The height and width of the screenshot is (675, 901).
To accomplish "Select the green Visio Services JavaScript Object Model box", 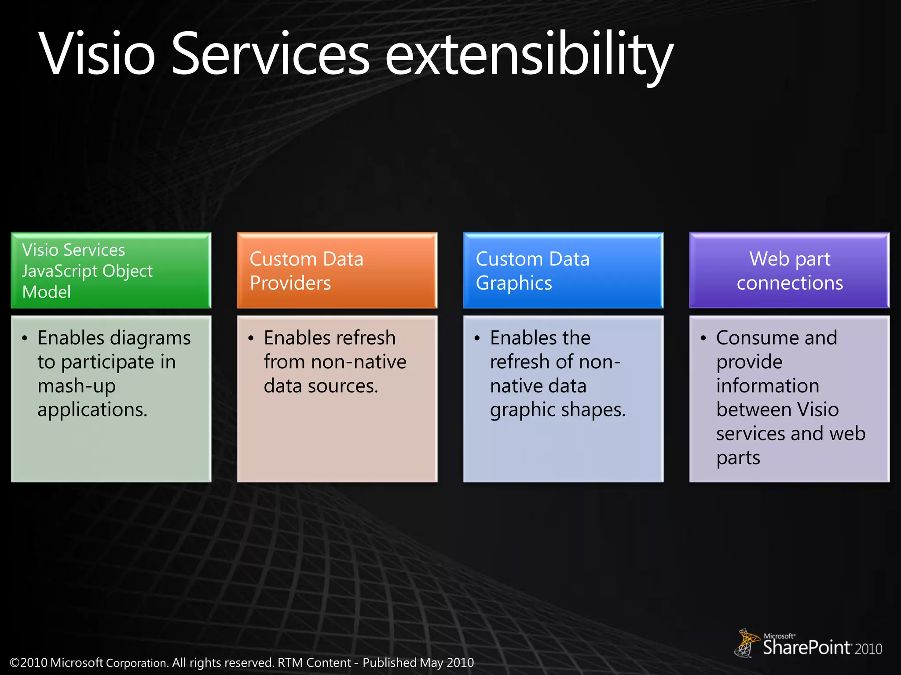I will [111, 270].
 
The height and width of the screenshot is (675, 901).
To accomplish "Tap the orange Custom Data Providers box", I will [337, 270].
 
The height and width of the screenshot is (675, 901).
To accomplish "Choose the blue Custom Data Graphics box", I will [563, 270].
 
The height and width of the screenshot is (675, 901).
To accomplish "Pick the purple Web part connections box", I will [789, 270].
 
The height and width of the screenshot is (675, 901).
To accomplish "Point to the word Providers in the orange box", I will [290, 283].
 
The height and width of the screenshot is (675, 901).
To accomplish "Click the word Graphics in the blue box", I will [514, 283].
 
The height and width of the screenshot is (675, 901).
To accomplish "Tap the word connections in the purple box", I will [790, 283].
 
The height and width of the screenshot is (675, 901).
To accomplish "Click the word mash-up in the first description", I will [77, 386].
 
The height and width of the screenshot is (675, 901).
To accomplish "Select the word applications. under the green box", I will [92, 410].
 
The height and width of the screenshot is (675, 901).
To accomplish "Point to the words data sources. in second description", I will [321, 386].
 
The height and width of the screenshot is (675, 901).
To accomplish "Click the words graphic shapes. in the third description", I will [557, 410].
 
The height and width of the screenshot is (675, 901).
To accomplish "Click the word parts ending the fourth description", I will [738, 458].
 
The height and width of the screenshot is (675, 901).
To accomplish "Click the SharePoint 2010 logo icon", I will [746, 643].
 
